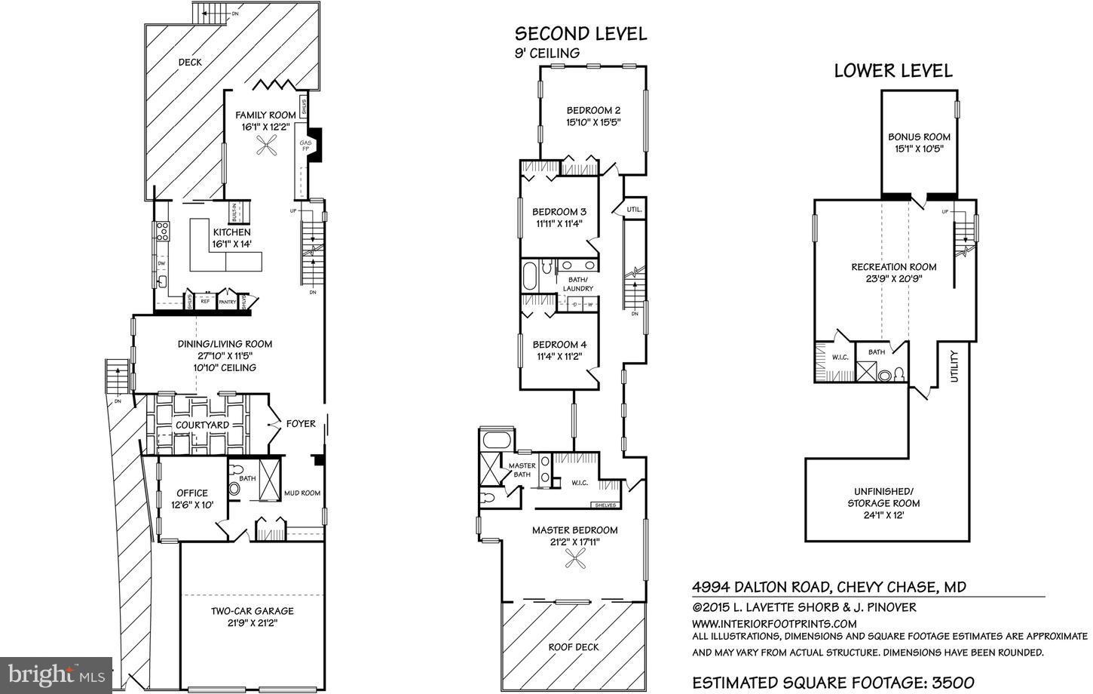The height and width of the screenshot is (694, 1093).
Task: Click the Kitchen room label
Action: [x=231, y=232]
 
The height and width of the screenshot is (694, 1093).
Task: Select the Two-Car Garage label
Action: [x=252, y=611]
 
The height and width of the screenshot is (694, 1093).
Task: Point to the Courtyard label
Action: [x=202, y=425]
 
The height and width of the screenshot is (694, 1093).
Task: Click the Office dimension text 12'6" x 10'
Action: [x=192, y=505]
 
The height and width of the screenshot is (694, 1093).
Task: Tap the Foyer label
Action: [x=301, y=424]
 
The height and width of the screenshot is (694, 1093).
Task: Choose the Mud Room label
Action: [x=302, y=493]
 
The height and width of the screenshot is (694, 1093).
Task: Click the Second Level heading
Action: [x=580, y=33]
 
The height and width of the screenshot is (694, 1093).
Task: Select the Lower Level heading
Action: [x=892, y=71]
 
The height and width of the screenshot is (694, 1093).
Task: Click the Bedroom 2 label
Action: [x=593, y=110]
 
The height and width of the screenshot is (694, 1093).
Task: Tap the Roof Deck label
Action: [x=573, y=646]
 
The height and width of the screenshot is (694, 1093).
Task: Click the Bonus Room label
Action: [x=919, y=137]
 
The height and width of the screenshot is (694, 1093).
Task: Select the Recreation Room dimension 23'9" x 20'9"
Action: [x=893, y=278]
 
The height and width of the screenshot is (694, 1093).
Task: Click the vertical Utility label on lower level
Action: [x=954, y=366]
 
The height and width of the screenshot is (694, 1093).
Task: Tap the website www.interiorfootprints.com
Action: [x=774, y=623]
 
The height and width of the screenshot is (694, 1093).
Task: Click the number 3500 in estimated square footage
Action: [x=951, y=683]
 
